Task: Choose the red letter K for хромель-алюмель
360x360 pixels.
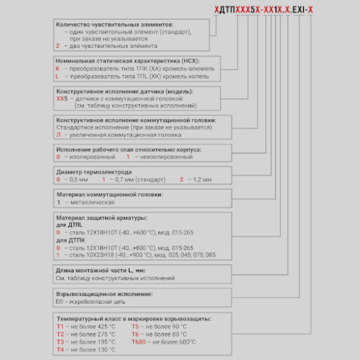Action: tap(58, 69)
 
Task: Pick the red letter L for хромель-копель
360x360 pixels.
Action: tap(58, 77)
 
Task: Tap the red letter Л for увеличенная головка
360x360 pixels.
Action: tap(58, 135)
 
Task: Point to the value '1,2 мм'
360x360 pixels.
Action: tap(200, 179)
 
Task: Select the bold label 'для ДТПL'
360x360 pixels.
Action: tap(71, 225)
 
